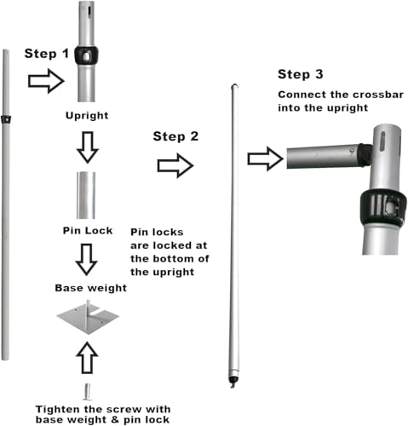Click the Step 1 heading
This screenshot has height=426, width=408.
tap(47, 54)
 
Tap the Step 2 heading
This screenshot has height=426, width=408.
tap(175, 136)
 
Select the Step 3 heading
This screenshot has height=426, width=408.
tap(301, 74)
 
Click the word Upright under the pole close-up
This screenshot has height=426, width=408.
tap(87, 116)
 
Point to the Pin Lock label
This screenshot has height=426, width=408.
tap(88, 230)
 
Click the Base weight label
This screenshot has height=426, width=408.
tap(91, 288)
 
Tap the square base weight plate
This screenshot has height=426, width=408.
tap(88, 317)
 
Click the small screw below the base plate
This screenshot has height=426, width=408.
tap(87, 391)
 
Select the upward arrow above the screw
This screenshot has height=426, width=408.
tap(87, 358)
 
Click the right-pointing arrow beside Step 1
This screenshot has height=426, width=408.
tap(46, 81)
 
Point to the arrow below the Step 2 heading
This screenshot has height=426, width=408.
tap(175, 165)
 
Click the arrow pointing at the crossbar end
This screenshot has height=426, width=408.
tap(266, 158)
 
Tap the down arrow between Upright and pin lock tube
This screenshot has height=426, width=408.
tap(88, 147)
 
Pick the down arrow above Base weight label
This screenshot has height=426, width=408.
tap(87, 259)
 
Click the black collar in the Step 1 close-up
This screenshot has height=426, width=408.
tap(86, 55)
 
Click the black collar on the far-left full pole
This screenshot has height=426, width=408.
tap(6, 119)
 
